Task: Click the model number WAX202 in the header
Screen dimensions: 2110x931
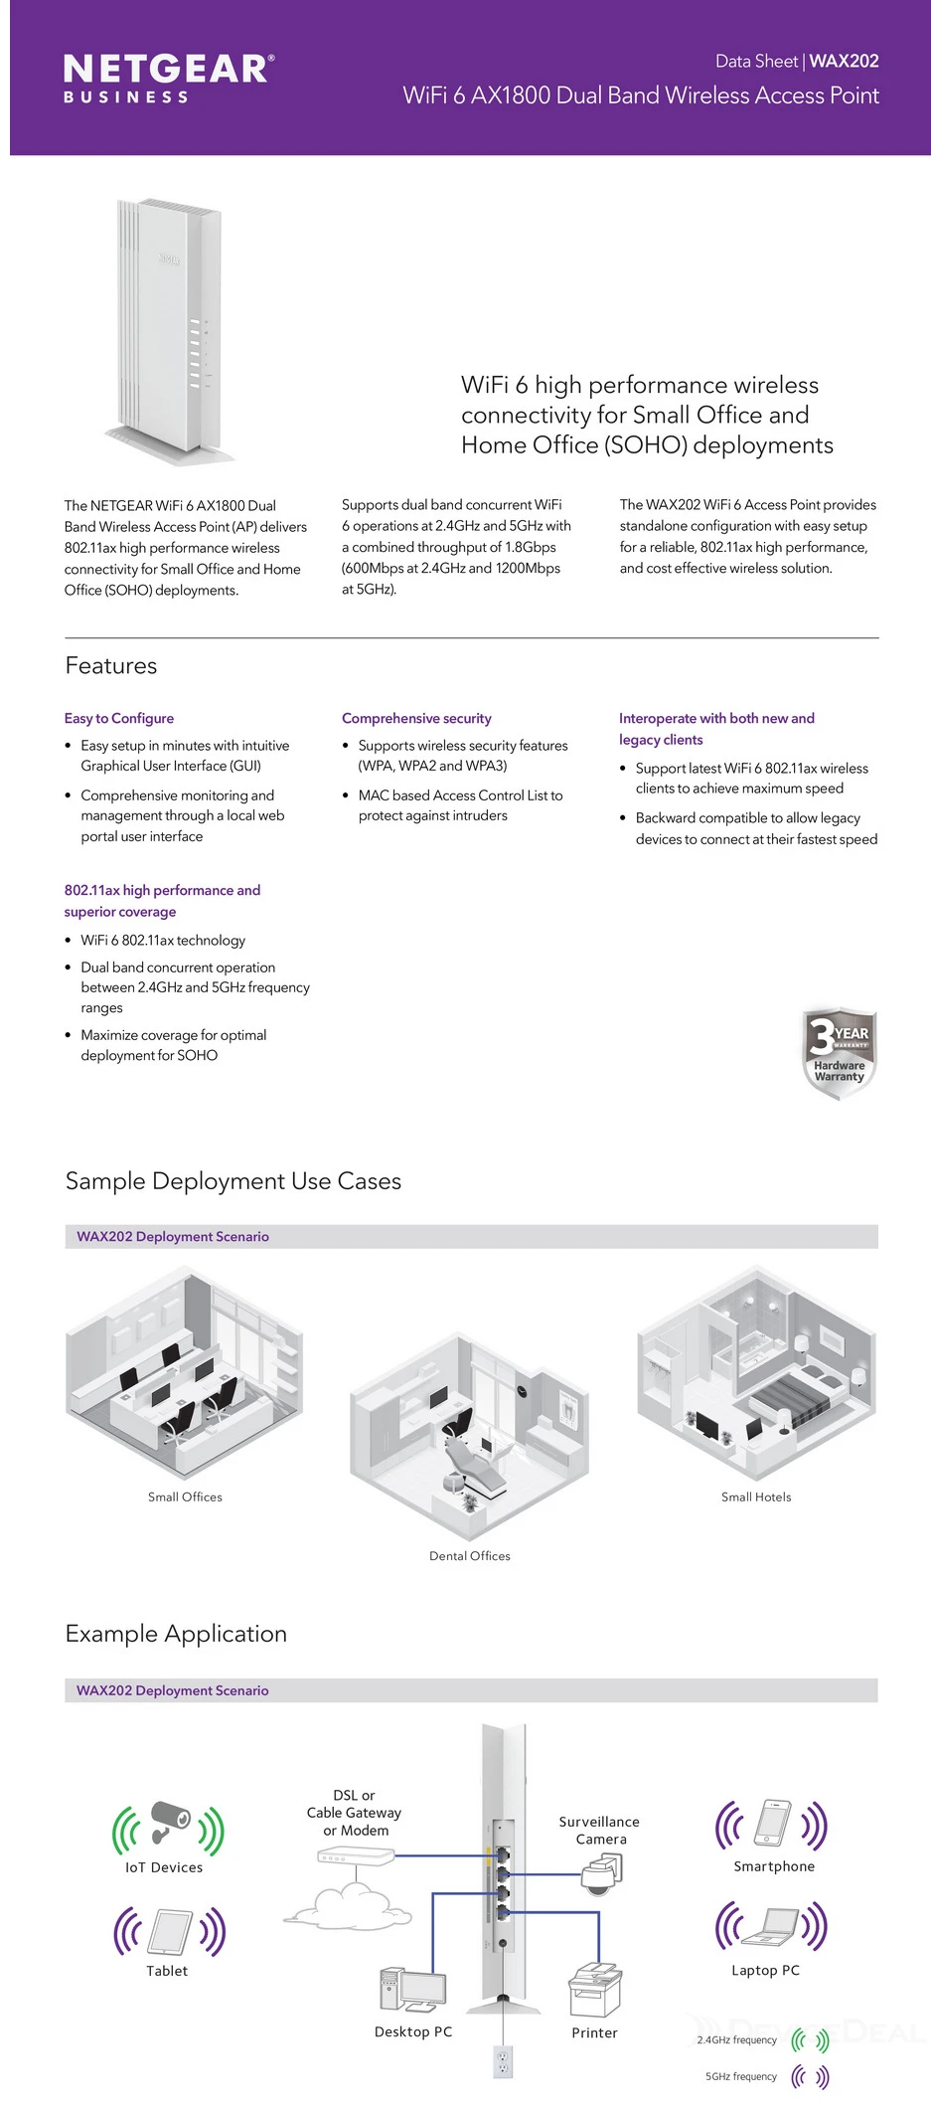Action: (844, 61)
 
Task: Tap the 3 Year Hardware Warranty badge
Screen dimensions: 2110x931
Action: (839, 1053)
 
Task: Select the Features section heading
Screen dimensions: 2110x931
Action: (111, 665)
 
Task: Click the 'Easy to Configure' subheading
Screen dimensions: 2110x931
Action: (119, 718)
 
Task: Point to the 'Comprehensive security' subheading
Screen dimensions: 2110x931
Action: (416, 718)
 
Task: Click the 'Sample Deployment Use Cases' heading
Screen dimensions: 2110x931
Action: (233, 1180)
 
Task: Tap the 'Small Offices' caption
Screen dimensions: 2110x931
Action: (185, 1496)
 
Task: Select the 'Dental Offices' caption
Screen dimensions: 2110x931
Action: (470, 1555)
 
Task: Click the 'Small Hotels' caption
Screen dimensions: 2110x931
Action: (756, 1496)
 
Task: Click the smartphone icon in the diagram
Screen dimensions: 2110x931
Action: (773, 1823)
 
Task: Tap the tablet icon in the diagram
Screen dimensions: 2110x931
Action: (170, 1932)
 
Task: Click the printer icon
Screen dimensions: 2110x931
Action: (594, 1990)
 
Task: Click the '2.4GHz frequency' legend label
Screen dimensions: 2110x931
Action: (736, 2039)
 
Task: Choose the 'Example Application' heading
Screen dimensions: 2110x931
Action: (176, 1634)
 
